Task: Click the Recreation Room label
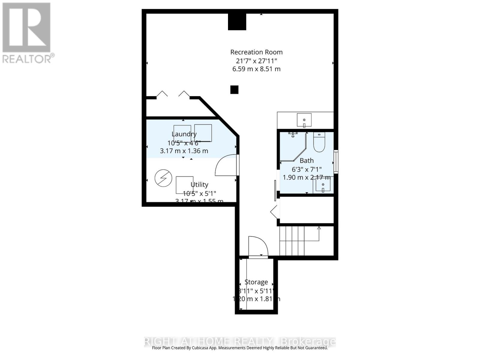pos(256,52)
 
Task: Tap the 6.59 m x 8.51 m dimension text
pos(256,69)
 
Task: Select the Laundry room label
pos(184,134)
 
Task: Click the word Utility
pos(199,184)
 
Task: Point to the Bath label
pos(306,160)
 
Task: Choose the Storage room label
pos(256,282)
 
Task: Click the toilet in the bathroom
pos(319,142)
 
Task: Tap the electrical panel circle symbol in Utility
pos(163,178)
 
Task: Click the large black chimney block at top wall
pos(237,22)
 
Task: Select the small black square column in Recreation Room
pos(234,90)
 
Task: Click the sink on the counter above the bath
pos(304,120)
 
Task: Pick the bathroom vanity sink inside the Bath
pos(323,184)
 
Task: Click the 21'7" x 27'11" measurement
pos(256,61)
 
